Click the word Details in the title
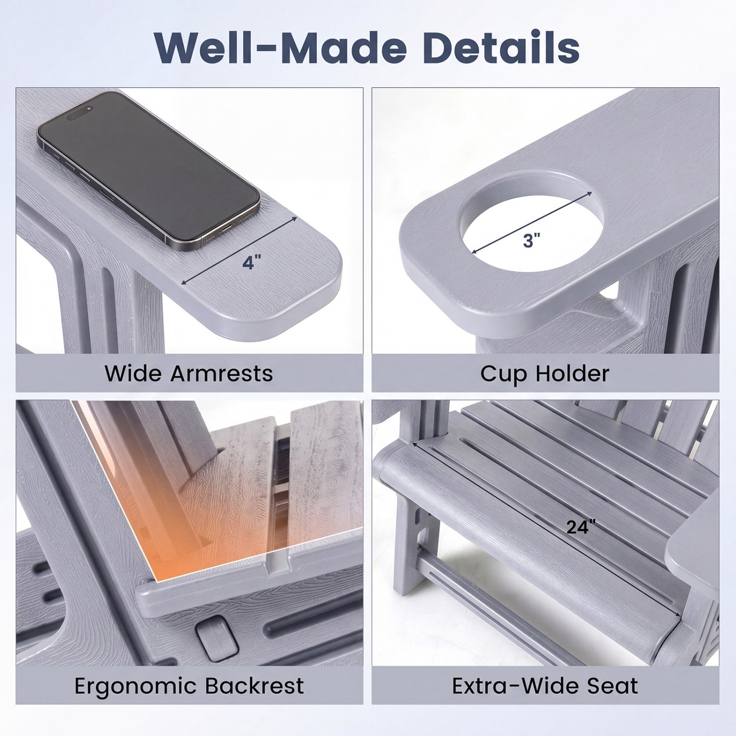point(501,47)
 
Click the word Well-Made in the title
point(280,47)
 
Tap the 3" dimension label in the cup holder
point(532,240)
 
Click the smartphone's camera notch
point(79,112)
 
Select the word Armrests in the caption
point(222,373)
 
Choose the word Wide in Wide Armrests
point(133,373)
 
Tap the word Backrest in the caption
point(254,686)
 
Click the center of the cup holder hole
point(532,223)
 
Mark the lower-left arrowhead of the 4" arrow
point(184,282)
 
